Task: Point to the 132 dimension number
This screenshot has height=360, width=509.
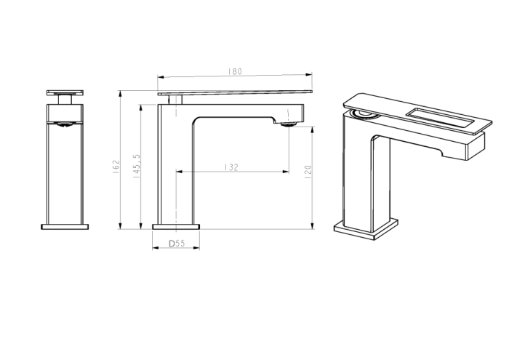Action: [x=231, y=167]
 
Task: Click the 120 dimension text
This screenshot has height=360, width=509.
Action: [x=308, y=172]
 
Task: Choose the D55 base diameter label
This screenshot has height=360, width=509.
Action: [x=175, y=244]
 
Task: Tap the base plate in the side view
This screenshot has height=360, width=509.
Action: [x=176, y=226]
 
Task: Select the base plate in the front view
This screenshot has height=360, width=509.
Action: [x=65, y=226]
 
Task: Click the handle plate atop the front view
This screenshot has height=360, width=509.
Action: [x=65, y=92]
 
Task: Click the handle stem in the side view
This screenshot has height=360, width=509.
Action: [x=175, y=100]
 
